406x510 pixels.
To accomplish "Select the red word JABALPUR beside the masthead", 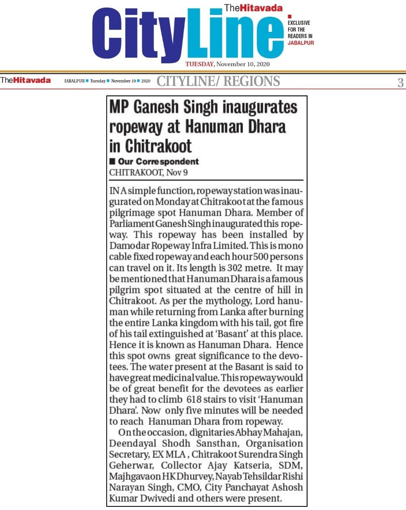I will pos(301,43).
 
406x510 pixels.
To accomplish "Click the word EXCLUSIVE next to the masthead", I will pos(299,23).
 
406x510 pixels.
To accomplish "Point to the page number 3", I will pos(400,82).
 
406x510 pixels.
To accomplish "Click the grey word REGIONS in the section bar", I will pos(251,81).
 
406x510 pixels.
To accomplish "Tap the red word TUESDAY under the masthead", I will pos(200,65).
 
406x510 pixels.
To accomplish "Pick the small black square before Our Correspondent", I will pos(112,161).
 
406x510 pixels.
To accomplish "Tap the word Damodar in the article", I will pos(129,246).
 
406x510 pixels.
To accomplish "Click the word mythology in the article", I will pos(202,300).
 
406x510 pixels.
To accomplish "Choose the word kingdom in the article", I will pos(203,322).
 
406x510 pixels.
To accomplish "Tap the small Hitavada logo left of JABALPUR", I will pos(25,80).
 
